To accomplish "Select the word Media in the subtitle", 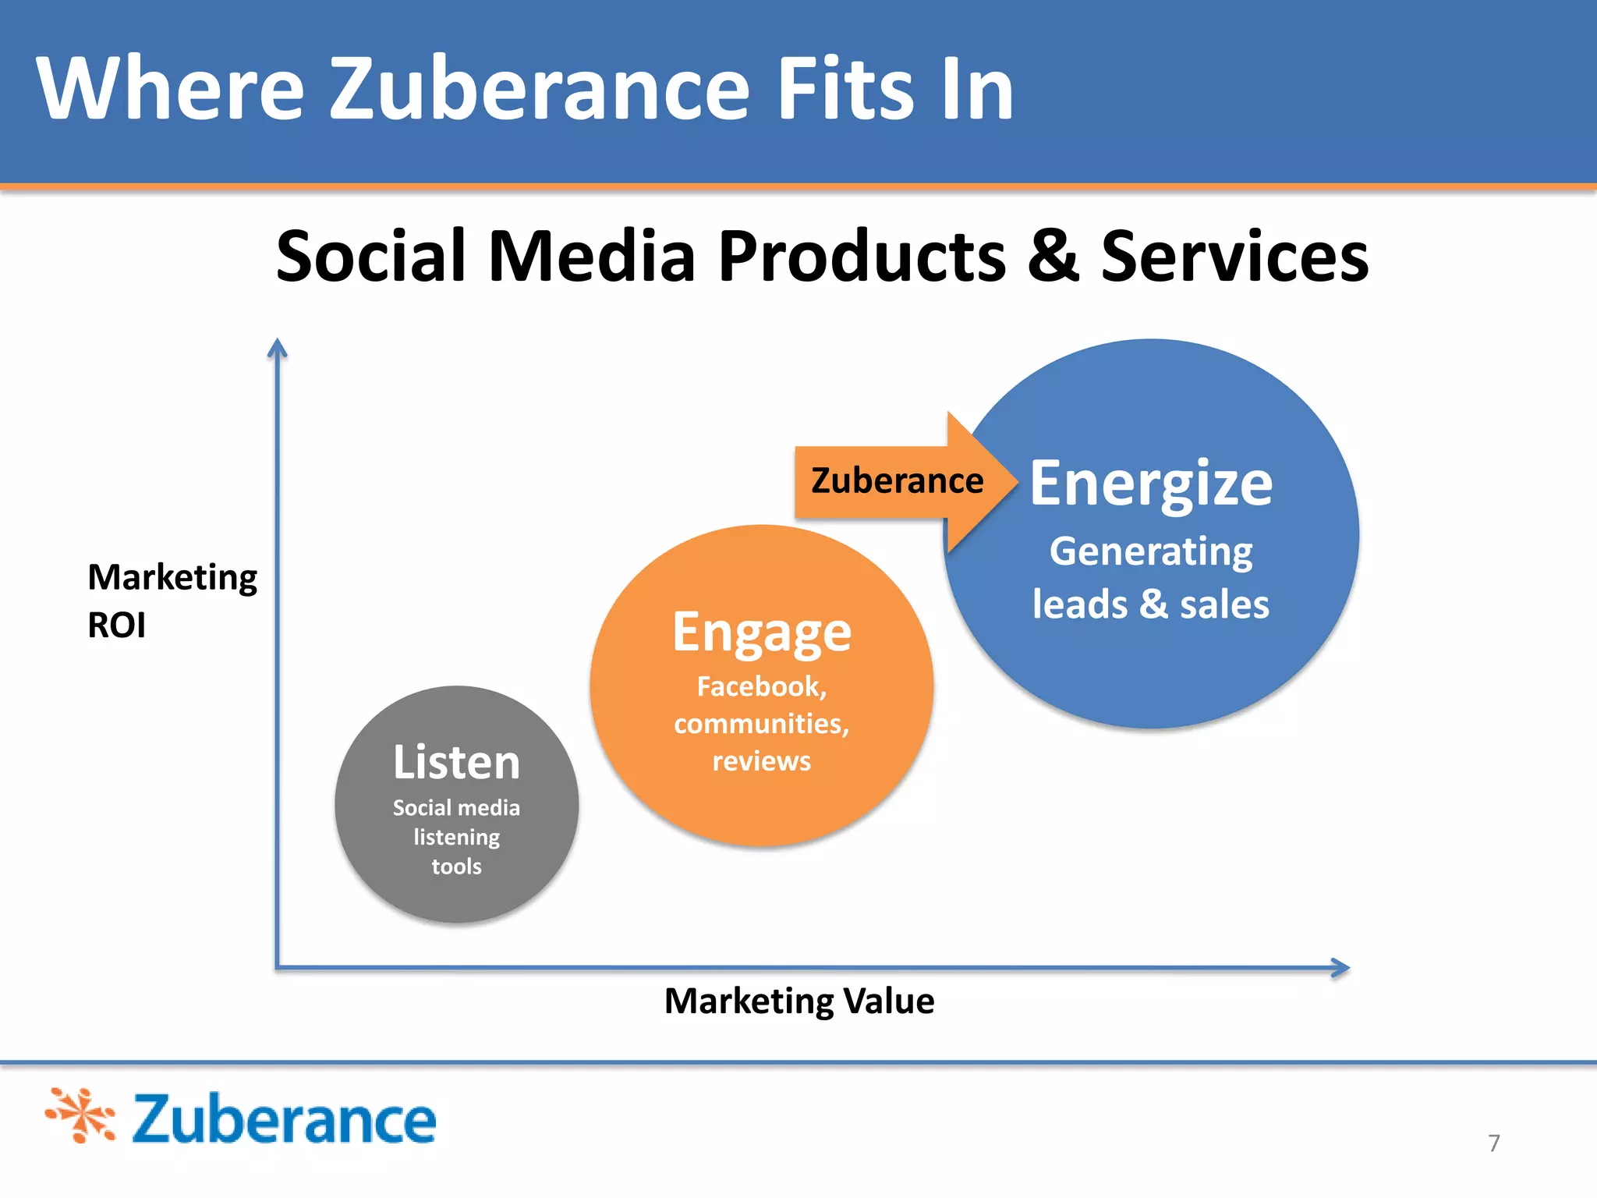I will pyautogui.click(x=591, y=257).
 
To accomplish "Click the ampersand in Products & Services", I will pyautogui.click(x=1053, y=257).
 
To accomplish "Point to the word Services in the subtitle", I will pyautogui.click(x=1234, y=257).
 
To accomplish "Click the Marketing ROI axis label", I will pyautogui.click(x=172, y=601).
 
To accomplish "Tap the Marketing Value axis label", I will pyautogui.click(x=799, y=1001).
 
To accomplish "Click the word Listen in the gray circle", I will pyautogui.click(x=456, y=762).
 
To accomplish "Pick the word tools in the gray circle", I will pyautogui.click(x=456, y=867).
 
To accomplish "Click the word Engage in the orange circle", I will pyautogui.click(x=762, y=633).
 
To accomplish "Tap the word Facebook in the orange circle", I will pyautogui.click(x=760, y=686).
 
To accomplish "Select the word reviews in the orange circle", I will pyautogui.click(x=762, y=760).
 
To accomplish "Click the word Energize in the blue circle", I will pyautogui.click(x=1151, y=484).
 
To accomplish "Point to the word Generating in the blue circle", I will pyautogui.click(x=1151, y=551).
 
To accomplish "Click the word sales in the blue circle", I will pyautogui.click(x=1224, y=604).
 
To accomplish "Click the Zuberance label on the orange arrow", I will pyautogui.click(x=897, y=480).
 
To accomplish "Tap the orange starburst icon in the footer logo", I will pyautogui.click(x=80, y=1115).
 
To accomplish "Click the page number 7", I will pyautogui.click(x=1493, y=1143).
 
